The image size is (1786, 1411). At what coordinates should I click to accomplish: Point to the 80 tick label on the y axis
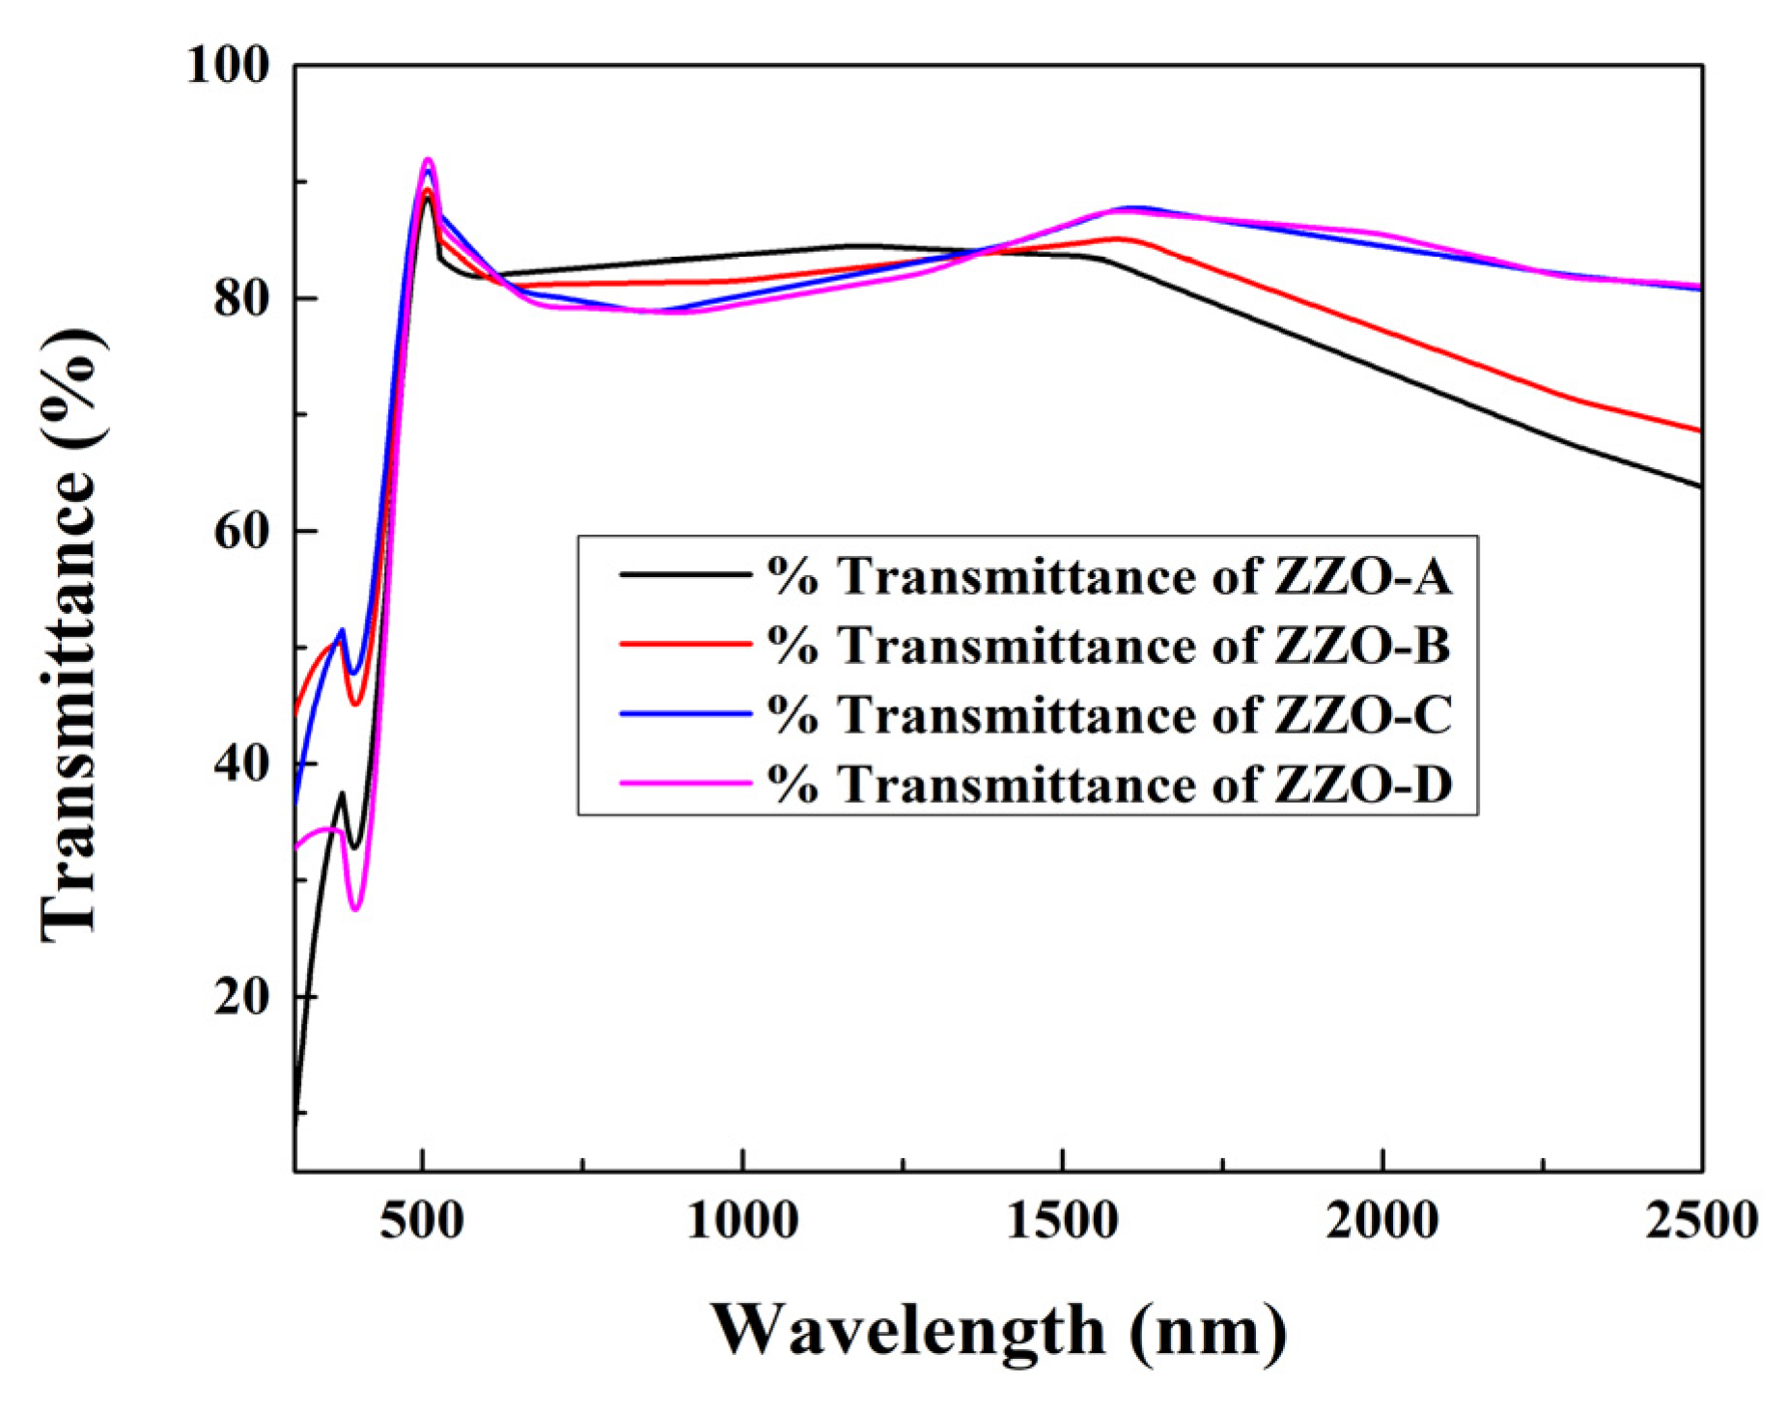coord(240,298)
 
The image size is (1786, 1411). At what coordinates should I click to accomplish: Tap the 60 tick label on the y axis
coord(240,531)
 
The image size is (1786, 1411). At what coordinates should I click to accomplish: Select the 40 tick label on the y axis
coord(240,763)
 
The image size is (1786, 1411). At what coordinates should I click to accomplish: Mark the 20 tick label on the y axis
coord(240,996)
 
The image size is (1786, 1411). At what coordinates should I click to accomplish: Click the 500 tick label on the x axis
coord(422,1220)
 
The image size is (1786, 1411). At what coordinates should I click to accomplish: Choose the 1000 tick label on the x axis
coord(742,1220)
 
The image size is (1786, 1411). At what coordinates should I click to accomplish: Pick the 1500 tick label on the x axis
coord(1062,1220)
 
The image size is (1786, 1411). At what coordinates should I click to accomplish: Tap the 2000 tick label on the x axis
coord(1382,1220)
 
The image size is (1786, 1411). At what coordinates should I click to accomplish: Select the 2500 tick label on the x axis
coord(1701,1220)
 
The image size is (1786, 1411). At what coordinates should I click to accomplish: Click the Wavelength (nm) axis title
coord(999,1330)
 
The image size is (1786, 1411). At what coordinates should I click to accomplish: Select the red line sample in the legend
coord(684,644)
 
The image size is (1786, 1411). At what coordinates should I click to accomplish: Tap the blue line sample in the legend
coord(684,714)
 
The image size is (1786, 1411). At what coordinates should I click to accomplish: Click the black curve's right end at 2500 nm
coord(1699,486)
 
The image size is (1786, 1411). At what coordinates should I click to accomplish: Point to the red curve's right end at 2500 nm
coord(1699,430)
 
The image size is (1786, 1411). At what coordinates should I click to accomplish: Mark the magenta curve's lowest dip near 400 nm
coord(355,908)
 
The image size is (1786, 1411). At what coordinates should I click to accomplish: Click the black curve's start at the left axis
coord(295,1110)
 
